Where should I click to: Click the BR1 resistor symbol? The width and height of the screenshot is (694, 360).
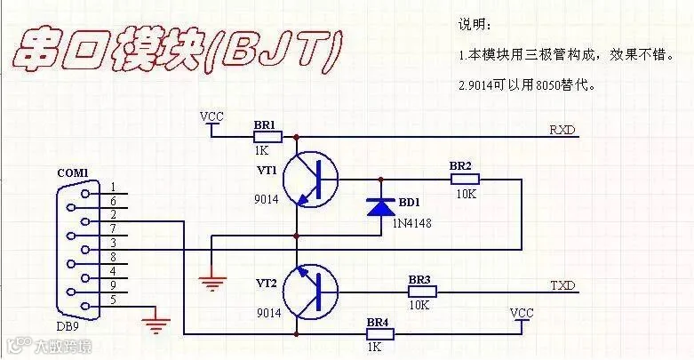coord(267,137)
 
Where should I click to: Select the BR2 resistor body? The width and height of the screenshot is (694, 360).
coord(465,179)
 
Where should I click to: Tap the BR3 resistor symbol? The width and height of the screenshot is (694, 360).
coord(422,292)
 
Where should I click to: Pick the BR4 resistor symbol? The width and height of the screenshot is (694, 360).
coord(379,334)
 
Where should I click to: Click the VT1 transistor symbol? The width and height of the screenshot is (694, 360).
coord(310,180)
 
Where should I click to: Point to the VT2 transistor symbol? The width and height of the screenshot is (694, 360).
coord(310,292)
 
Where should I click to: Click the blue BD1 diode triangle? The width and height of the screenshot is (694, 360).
coord(381,207)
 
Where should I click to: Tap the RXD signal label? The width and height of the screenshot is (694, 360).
coord(562,130)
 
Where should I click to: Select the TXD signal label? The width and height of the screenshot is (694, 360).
coord(562,285)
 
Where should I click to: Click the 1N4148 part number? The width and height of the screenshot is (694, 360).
coord(411,223)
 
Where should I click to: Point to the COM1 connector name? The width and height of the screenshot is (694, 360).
coord(73,172)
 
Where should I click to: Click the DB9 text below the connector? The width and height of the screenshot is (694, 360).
coord(68,326)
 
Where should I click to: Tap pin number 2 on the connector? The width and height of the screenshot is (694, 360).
coord(114,215)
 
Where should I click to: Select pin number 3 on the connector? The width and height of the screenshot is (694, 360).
coord(114,243)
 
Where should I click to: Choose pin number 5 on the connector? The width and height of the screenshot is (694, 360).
coord(114,300)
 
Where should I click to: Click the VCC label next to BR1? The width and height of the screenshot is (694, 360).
coord(211,117)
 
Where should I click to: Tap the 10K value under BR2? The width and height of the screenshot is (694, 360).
coord(466,194)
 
